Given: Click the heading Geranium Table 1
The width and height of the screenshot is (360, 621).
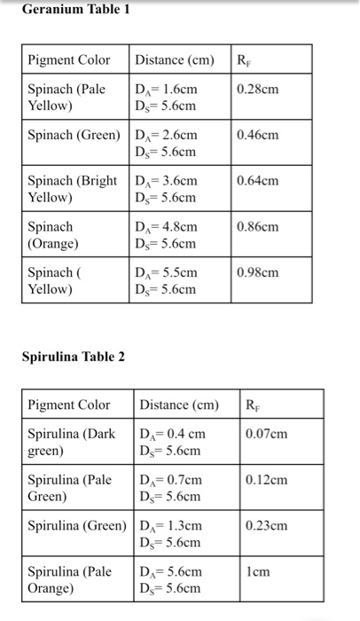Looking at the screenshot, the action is (74, 10).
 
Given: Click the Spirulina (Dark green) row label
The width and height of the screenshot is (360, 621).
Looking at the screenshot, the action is (71, 442).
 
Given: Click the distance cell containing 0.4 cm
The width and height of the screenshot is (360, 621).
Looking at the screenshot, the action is (172, 442).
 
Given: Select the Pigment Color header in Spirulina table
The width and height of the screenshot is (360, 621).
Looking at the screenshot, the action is (69, 405).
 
